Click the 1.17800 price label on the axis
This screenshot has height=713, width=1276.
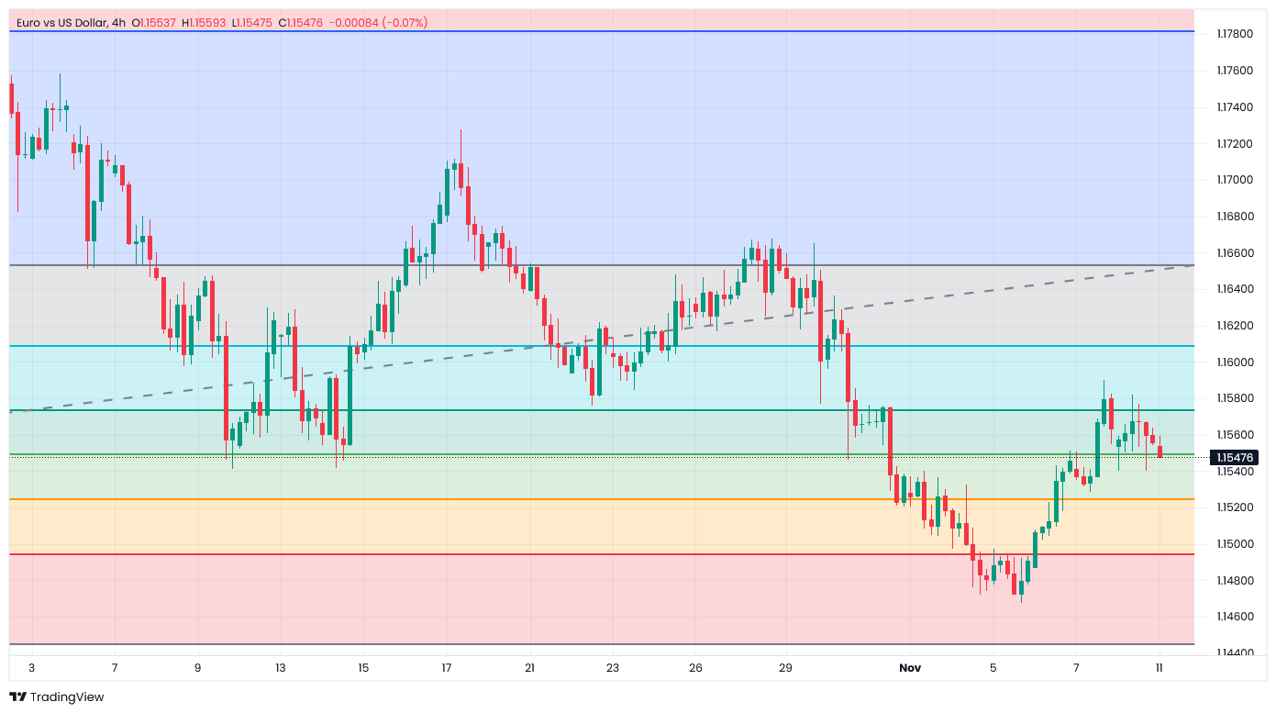(1234, 34)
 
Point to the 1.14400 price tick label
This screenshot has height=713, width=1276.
(1234, 653)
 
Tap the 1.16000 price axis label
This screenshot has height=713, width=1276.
(1234, 362)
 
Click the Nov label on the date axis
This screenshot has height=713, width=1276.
(909, 668)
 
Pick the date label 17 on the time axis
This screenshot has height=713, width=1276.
(446, 668)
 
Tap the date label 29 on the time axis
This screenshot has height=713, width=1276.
(786, 668)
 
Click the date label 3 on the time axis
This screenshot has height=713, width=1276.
(31, 668)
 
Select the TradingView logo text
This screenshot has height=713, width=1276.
(66, 697)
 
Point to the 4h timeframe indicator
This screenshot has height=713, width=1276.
(118, 22)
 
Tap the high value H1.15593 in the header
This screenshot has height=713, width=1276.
(205, 22)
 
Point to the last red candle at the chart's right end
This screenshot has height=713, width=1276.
(1160, 451)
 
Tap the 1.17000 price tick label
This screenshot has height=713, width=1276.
(1234, 180)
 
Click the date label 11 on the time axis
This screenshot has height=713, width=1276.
(1159, 668)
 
